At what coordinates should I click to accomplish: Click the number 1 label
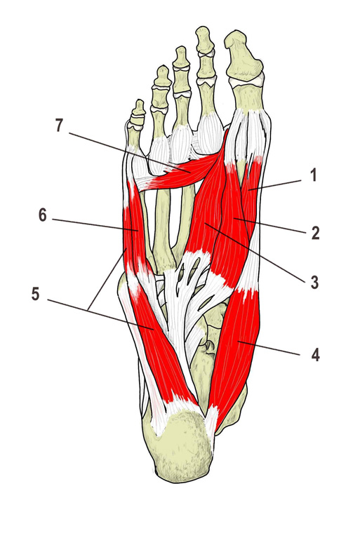click(x=314, y=175)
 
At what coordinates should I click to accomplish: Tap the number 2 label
click(x=315, y=233)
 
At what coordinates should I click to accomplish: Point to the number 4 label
click(x=315, y=356)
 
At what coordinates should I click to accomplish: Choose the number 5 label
click(x=35, y=294)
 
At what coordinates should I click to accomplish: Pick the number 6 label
click(x=42, y=215)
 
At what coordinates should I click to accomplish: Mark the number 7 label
click(x=59, y=126)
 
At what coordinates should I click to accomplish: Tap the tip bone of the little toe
click(x=139, y=107)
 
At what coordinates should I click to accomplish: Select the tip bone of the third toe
click(x=180, y=56)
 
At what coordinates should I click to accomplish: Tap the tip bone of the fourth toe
click(x=162, y=76)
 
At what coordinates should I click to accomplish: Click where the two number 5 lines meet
click(x=89, y=309)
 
